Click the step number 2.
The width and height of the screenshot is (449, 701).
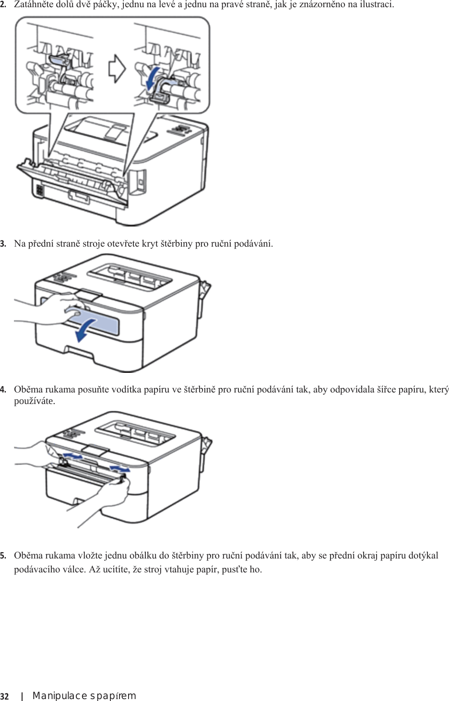tap(3, 5)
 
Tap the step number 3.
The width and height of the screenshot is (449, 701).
tap(3, 244)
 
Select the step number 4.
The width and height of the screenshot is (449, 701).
tap(3, 390)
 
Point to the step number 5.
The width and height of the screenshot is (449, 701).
tap(3, 556)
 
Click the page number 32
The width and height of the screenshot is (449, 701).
tap(4, 697)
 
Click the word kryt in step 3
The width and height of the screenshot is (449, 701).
tap(150, 244)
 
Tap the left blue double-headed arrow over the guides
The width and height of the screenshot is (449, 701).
tap(73, 456)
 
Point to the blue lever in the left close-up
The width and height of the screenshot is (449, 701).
tap(59, 59)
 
